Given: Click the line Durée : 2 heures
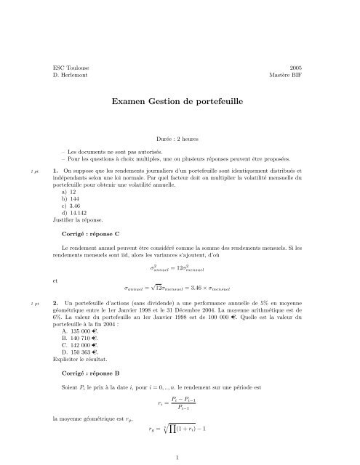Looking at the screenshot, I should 180,138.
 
